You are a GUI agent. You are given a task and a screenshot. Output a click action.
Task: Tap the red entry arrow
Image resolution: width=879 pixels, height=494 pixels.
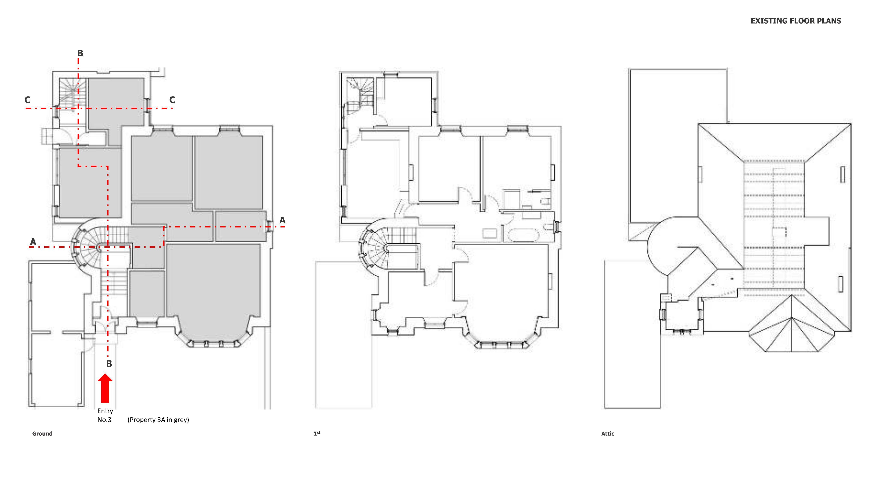click(105, 388)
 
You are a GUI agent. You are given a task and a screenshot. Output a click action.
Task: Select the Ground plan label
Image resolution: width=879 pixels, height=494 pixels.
click(42, 434)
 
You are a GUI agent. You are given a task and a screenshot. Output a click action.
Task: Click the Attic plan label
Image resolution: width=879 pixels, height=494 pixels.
click(608, 434)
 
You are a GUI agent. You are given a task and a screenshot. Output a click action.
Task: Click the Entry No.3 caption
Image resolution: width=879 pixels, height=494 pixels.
click(105, 415)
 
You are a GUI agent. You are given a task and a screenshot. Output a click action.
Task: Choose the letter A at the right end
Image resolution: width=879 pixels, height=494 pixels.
click(282, 220)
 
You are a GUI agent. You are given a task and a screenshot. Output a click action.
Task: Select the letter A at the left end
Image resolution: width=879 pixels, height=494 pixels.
click(33, 242)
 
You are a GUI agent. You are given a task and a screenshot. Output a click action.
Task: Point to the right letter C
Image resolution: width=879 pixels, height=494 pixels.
click(172, 100)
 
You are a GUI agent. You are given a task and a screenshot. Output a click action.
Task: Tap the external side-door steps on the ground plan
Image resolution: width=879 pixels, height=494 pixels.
click(48, 136)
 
